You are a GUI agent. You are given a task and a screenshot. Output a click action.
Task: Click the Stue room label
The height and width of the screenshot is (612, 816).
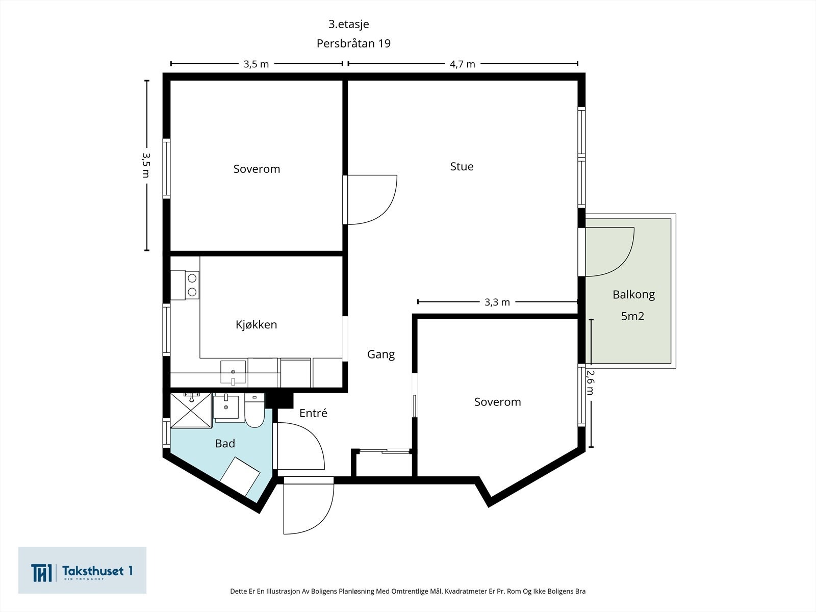point(462,166)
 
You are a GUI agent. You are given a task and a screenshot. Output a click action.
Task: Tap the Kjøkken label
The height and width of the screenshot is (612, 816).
point(256,324)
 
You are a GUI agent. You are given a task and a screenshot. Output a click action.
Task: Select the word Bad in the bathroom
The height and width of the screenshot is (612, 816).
point(225,443)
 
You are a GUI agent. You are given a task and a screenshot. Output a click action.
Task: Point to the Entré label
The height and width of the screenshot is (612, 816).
point(313,413)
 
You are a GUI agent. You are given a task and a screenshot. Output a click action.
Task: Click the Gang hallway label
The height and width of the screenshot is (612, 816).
point(380,354)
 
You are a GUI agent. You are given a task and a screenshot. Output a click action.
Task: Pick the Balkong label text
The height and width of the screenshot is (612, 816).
point(633,295)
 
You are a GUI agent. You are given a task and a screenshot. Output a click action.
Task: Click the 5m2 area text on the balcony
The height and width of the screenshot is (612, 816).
point(632,316)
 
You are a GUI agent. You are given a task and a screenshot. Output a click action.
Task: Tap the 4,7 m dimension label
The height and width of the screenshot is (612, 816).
point(462,64)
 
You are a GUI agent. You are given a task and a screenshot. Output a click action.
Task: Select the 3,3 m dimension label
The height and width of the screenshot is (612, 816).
point(497,302)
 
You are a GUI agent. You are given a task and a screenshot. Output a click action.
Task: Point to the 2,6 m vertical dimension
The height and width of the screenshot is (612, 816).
point(591,382)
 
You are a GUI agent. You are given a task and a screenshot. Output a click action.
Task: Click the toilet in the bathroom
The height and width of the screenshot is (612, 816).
point(254,410)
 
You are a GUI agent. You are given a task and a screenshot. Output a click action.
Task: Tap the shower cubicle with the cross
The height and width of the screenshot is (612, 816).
point(191,411)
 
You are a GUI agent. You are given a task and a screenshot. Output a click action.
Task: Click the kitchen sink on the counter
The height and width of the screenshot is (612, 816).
point(233,372)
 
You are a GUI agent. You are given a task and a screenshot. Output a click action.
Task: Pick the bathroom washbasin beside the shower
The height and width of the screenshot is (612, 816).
point(226,407)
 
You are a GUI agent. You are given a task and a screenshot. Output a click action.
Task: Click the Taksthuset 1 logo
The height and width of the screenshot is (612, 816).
point(82,570)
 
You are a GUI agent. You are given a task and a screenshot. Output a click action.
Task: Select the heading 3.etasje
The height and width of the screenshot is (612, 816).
point(349,24)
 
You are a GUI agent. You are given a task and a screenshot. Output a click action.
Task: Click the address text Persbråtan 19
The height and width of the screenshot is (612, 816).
point(353,43)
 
